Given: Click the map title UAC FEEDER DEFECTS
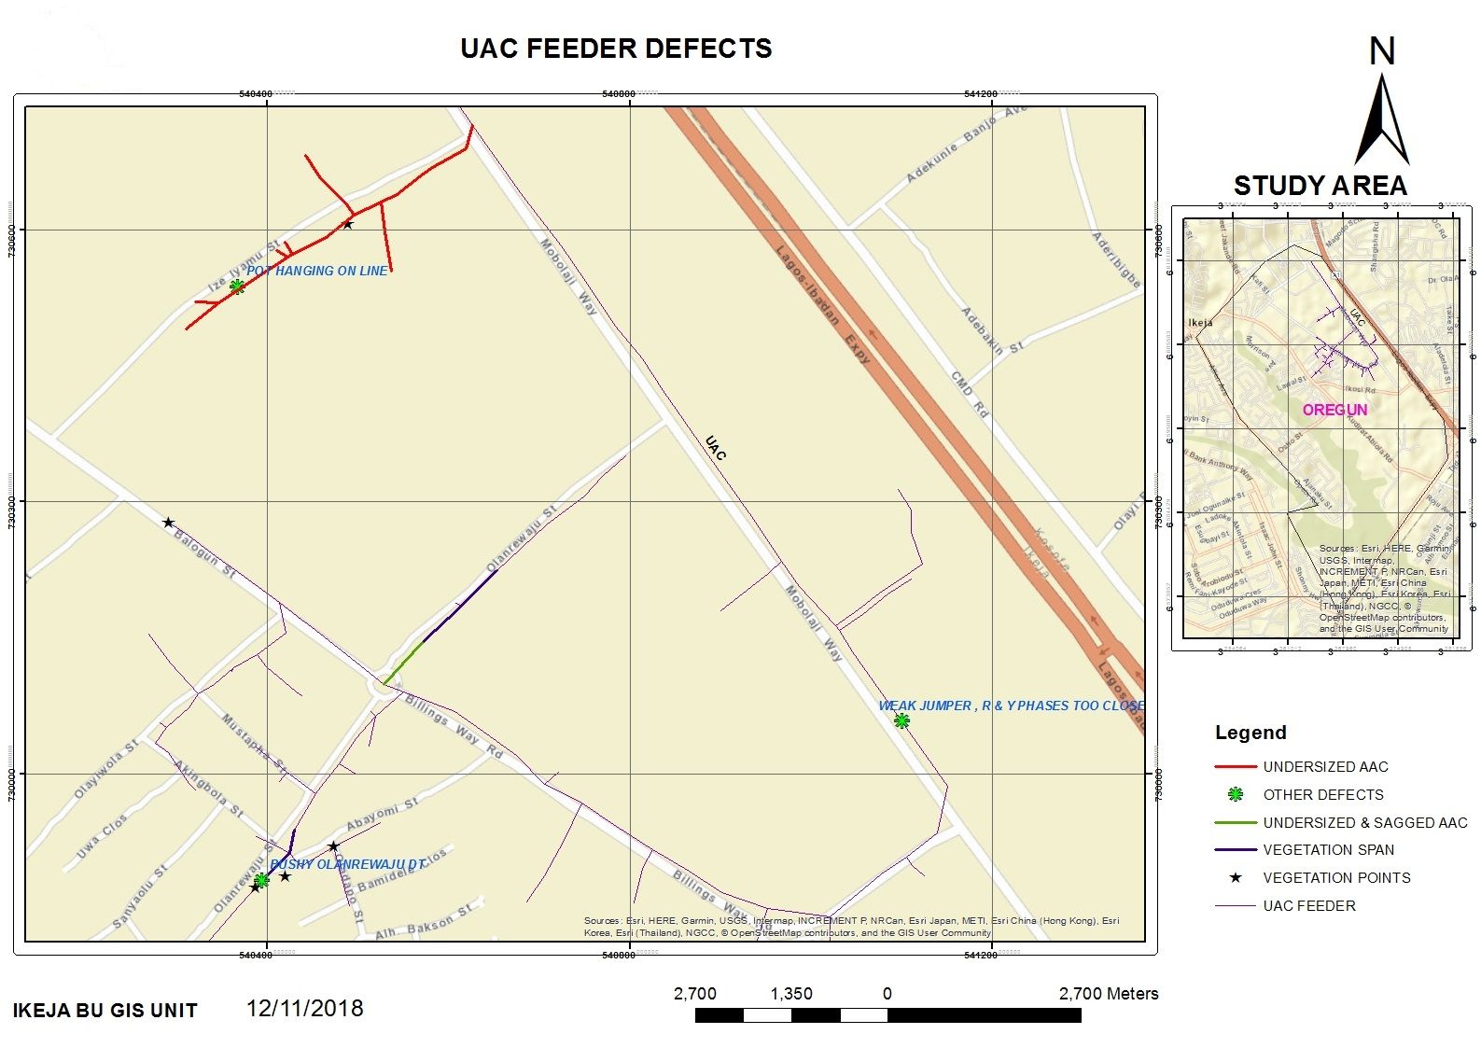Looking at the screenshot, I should [616, 49].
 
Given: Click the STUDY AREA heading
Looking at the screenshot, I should [1320, 186].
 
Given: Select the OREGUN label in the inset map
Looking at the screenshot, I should [1334, 410].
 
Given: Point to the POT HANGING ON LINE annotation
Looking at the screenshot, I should [316, 271].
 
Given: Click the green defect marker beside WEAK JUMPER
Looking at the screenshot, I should [901, 720].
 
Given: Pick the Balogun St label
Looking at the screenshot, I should [204, 553].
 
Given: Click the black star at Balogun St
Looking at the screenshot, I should [168, 523].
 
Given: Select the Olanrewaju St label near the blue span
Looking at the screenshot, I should [521, 539].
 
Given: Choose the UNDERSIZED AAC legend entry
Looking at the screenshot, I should [1325, 767].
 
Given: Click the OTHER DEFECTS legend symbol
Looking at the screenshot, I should [1236, 795].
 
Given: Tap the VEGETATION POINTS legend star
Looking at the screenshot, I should [1236, 878].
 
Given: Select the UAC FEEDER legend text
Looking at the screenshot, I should [1308, 906].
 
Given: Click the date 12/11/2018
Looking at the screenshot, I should [304, 1009].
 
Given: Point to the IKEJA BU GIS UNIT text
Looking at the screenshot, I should [105, 1011].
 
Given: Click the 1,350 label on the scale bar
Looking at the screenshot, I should [790, 994].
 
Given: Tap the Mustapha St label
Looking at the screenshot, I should [254, 745].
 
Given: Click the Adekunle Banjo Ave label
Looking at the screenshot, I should [966, 145].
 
